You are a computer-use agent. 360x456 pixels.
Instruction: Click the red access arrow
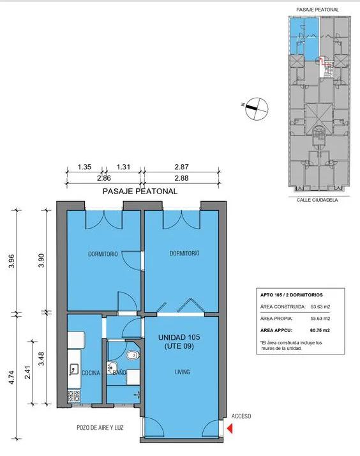pyautogui.click(x=230, y=429)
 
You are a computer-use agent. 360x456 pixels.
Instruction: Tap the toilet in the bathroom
pyautogui.click(x=133, y=355)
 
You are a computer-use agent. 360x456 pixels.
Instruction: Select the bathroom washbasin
pyautogui.click(x=112, y=368)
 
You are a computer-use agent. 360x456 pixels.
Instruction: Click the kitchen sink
pyautogui.click(x=74, y=369)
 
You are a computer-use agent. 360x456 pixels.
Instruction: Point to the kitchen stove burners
pyautogui.click(x=74, y=396)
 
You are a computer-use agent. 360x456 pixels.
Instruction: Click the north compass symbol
pyautogui.click(x=257, y=108)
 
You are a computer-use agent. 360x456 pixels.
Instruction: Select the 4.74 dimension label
pyautogui.click(x=11, y=377)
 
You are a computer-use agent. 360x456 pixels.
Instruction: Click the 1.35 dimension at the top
pyautogui.click(x=84, y=167)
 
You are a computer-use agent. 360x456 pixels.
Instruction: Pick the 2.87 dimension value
pyautogui.click(x=182, y=167)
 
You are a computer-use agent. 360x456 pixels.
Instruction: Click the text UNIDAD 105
pyautogui.click(x=179, y=337)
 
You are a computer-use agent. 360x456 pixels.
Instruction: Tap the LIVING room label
pyautogui.click(x=182, y=372)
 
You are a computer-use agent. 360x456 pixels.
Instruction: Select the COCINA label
pyautogui.click(x=91, y=373)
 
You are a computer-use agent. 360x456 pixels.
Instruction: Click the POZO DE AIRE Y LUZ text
pyautogui.click(x=100, y=427)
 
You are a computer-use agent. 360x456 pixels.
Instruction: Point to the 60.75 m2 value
pyautogui.click(x=320, y=330)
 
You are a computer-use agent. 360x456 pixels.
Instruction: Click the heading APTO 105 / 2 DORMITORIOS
pyautogui.click(x=292, y=294)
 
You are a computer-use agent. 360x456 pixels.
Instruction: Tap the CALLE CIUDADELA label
pyautogui.click(x=317, y=200)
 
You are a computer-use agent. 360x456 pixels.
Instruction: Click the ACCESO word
pyautogui.click(x=241, y=416)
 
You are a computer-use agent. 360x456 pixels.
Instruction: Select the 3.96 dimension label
pyautogui.click(x=11, y=262)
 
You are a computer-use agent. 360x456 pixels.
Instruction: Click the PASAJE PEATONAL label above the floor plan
pyautogui.click(x=140, y=192)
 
